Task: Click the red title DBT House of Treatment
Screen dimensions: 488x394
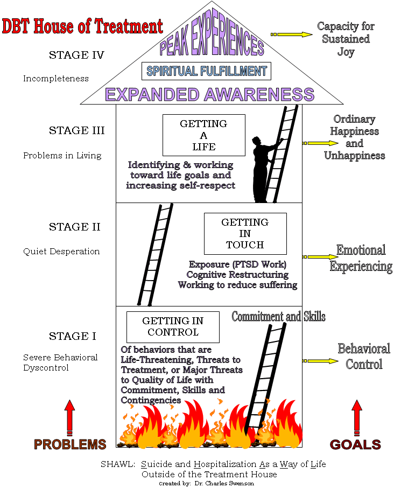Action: pyautogui.click(x=82, y=25)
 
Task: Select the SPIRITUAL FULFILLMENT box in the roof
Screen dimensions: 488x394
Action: pyautogui.click(x=206, y=71)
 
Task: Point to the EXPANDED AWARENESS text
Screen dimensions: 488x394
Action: pyautogui.click(x=209, y=94)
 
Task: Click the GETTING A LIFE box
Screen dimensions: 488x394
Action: pyautogui.click(x=204, y=135)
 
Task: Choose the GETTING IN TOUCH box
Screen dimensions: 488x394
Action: pyautogui.click(x=245, y=233)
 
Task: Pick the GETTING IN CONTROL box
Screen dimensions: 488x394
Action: pyautogui.click(x=173, y=326)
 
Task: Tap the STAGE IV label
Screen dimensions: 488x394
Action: pyautogui.click(x=76, y=55)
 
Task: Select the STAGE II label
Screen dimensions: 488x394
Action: pyautogui.click(x=75, y=227)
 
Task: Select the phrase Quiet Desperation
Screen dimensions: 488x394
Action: pyautogui.click(x=61, y=251)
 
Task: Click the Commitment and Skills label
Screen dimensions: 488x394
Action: pyautogui.click(x=278, y=316)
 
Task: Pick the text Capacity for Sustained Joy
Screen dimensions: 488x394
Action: pyautogui.click(x=346, y=39)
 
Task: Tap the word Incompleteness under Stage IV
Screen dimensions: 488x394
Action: pyautogui.click(x=55, y=79)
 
